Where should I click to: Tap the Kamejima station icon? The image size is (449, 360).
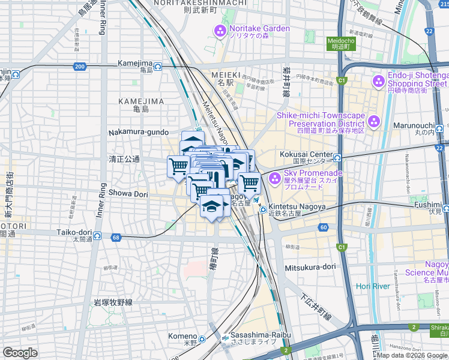pyautogui.click(x=158, y=66)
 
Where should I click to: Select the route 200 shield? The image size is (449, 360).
pyautogui.click(x=80, y=66)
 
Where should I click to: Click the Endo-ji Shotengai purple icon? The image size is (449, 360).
pyautogui.click(x=378, y=80)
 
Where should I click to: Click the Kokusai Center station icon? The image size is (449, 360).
pyautogui.click(x=337, y=158)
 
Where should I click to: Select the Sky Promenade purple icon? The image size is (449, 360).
pyautogui.click(x=275, y=178)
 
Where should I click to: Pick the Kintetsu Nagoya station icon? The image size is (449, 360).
pyautogui.click(x=263, y=209)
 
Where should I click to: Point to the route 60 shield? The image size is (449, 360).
pyautogui.click(x=324, y=227)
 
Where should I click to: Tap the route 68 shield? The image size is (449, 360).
pyautogui.click(x=116, y=238)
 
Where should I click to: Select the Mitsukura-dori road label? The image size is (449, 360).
pyautogui.click(x=308, y=268)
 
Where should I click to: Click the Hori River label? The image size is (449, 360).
pyautogui.click(x=373, y=286)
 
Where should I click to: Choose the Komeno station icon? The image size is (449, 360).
pyautogui.click(x=203, y=339)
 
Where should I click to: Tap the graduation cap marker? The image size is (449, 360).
pyautogui.click(x=211, y=206)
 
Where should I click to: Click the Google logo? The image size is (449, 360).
pyautogui.click(x=20, y=353)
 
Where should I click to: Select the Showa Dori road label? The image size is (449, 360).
pyautogui.click(x=128, y=193)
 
